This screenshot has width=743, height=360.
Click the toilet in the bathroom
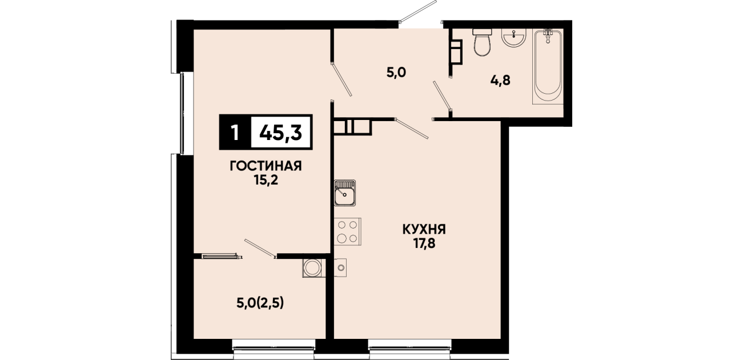pos(481,42)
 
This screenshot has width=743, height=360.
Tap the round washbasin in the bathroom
pos(514,38)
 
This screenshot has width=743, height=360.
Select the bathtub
pos(548,67)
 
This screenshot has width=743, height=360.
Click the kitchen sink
pos(345,193)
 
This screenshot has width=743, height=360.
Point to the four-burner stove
pos(348,231)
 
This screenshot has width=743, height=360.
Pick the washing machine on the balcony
pos(312,268)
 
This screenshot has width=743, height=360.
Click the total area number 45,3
pos(280,133)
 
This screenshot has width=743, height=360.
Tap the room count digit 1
pos(235,133)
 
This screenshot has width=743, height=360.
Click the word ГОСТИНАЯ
pos(266,166)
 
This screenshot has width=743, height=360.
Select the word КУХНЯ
pos(424,229)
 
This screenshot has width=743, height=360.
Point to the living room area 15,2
pos(266,180)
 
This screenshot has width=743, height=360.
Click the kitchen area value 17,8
pos(424,243)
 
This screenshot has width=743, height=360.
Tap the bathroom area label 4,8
pos(500,81)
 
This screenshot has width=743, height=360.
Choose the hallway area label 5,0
pos(396,73)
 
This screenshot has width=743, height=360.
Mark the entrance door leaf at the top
pos(418,11)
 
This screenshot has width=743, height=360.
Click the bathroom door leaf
pos(443,95)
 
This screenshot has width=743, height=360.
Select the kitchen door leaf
pos(412,129)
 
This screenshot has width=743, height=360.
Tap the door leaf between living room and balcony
pos(260,249)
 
